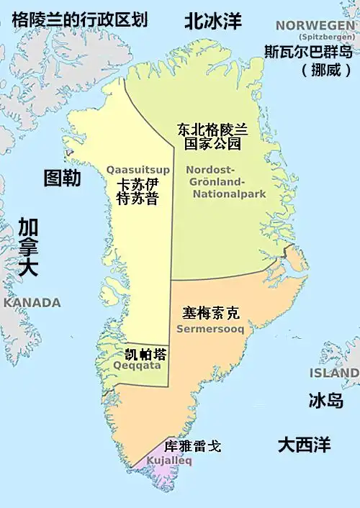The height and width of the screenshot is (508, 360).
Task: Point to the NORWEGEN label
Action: [315, 26]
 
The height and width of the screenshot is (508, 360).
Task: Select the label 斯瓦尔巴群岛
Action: [307, 52]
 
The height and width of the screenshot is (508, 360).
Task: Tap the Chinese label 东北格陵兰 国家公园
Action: [212, 137]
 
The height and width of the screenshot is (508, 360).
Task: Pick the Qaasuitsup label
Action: [138, 170]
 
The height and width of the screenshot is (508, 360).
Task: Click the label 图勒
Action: [62, 178]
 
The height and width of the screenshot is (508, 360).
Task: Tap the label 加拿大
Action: [29, 247]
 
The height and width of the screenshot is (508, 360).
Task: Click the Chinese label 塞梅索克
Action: [210, 313]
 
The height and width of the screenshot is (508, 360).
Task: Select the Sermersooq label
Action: [210, 329]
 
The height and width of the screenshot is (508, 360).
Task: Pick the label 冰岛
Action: [325, 401]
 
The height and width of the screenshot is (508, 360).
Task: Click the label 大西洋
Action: [305, 444]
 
